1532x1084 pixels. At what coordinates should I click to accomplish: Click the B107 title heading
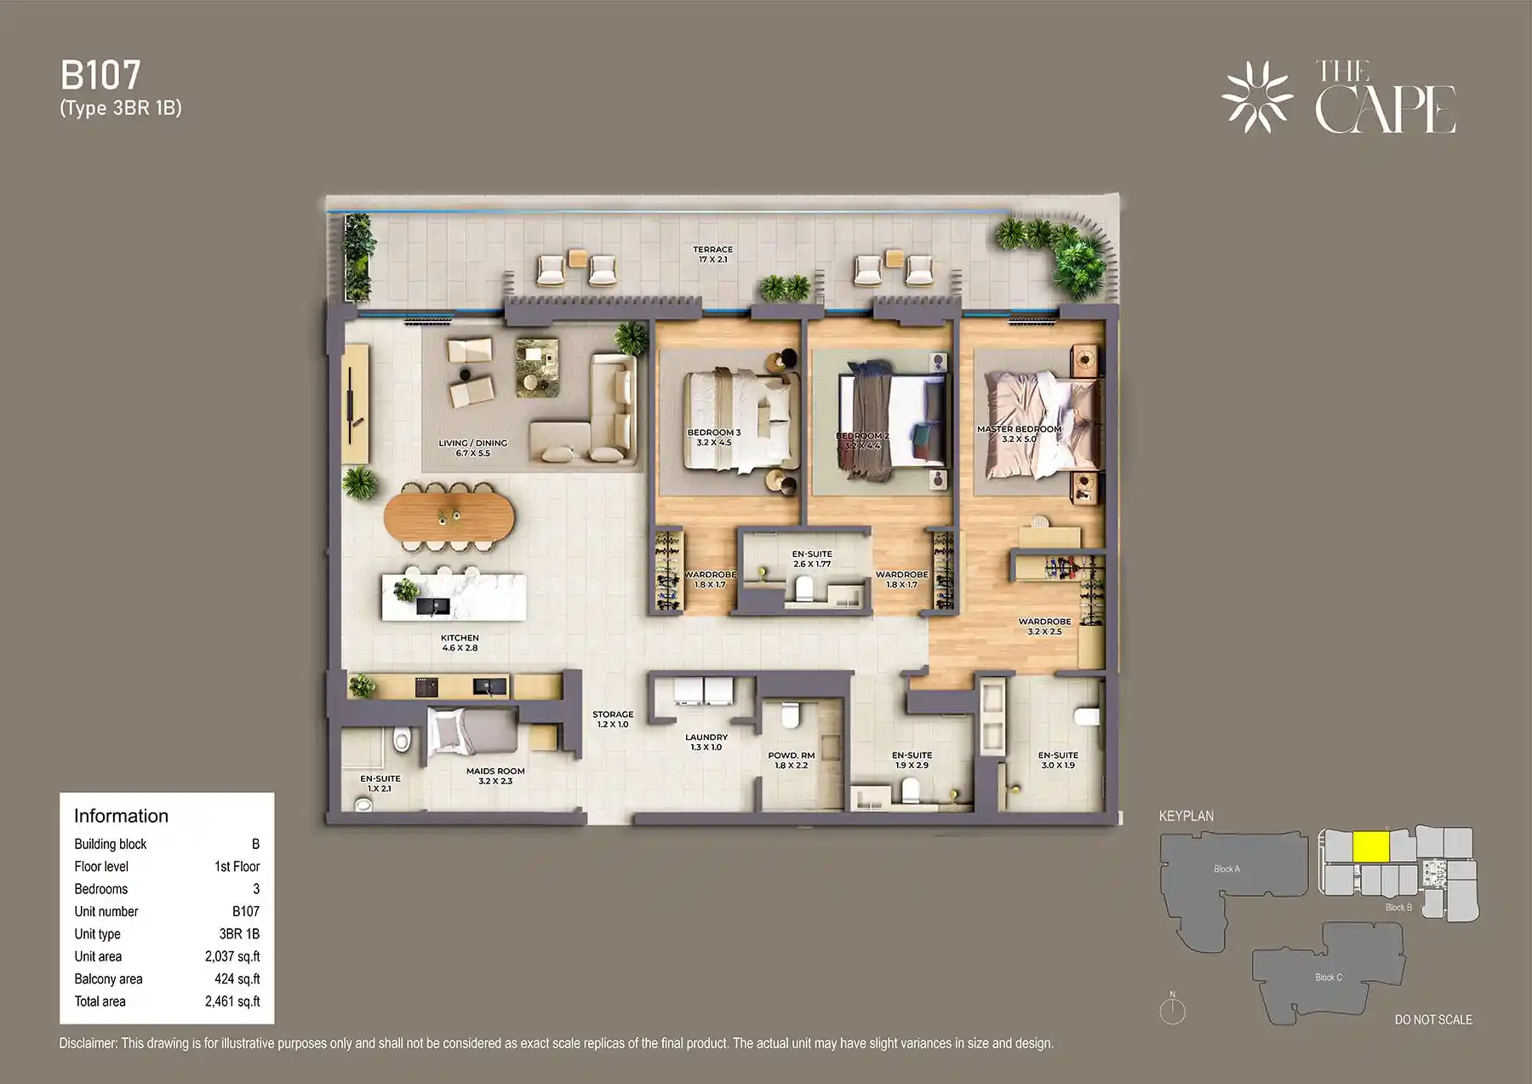100,76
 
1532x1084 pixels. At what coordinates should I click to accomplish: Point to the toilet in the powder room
789,716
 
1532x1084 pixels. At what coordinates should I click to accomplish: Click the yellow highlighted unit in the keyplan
1371,846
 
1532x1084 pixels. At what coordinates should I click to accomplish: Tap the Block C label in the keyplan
1328,977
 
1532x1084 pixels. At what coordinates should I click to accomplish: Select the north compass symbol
1172,1010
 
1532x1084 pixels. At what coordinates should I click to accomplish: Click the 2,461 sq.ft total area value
232,1001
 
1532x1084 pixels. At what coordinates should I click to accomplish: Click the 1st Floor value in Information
237,866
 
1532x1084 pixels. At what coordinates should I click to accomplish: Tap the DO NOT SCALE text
1432,1019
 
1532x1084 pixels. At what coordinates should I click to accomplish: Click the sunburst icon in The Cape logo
1257,97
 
